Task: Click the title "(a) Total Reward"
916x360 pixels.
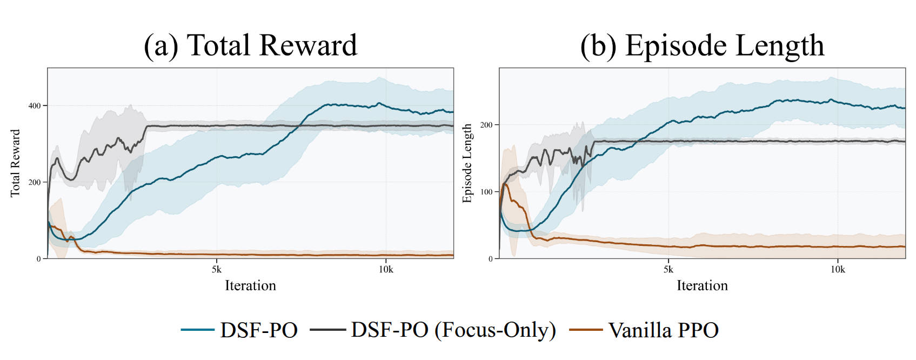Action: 250,45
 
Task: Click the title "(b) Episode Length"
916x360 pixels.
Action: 702,45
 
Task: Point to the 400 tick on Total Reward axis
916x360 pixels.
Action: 35,105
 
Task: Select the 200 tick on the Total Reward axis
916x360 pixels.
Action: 35,182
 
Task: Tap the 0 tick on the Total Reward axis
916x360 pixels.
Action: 38,259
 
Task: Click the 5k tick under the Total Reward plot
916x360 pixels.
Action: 217,269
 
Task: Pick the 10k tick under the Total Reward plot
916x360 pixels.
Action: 386,269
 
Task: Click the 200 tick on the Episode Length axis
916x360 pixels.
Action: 486,125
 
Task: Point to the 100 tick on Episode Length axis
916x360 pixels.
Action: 486,192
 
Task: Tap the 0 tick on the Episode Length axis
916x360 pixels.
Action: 490,259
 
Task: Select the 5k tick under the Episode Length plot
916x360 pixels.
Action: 668,269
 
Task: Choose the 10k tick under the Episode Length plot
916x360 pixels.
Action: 838,269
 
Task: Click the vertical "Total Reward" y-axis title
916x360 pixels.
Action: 15,163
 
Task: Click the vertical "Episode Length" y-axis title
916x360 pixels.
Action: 467,163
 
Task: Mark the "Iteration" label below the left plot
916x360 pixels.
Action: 250,285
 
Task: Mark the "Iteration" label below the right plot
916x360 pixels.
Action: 702,285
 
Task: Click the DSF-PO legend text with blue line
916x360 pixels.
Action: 259,330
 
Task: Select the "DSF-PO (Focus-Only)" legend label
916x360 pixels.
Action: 453,330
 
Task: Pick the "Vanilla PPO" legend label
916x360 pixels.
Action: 664,330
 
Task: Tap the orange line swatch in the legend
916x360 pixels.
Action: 586,330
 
